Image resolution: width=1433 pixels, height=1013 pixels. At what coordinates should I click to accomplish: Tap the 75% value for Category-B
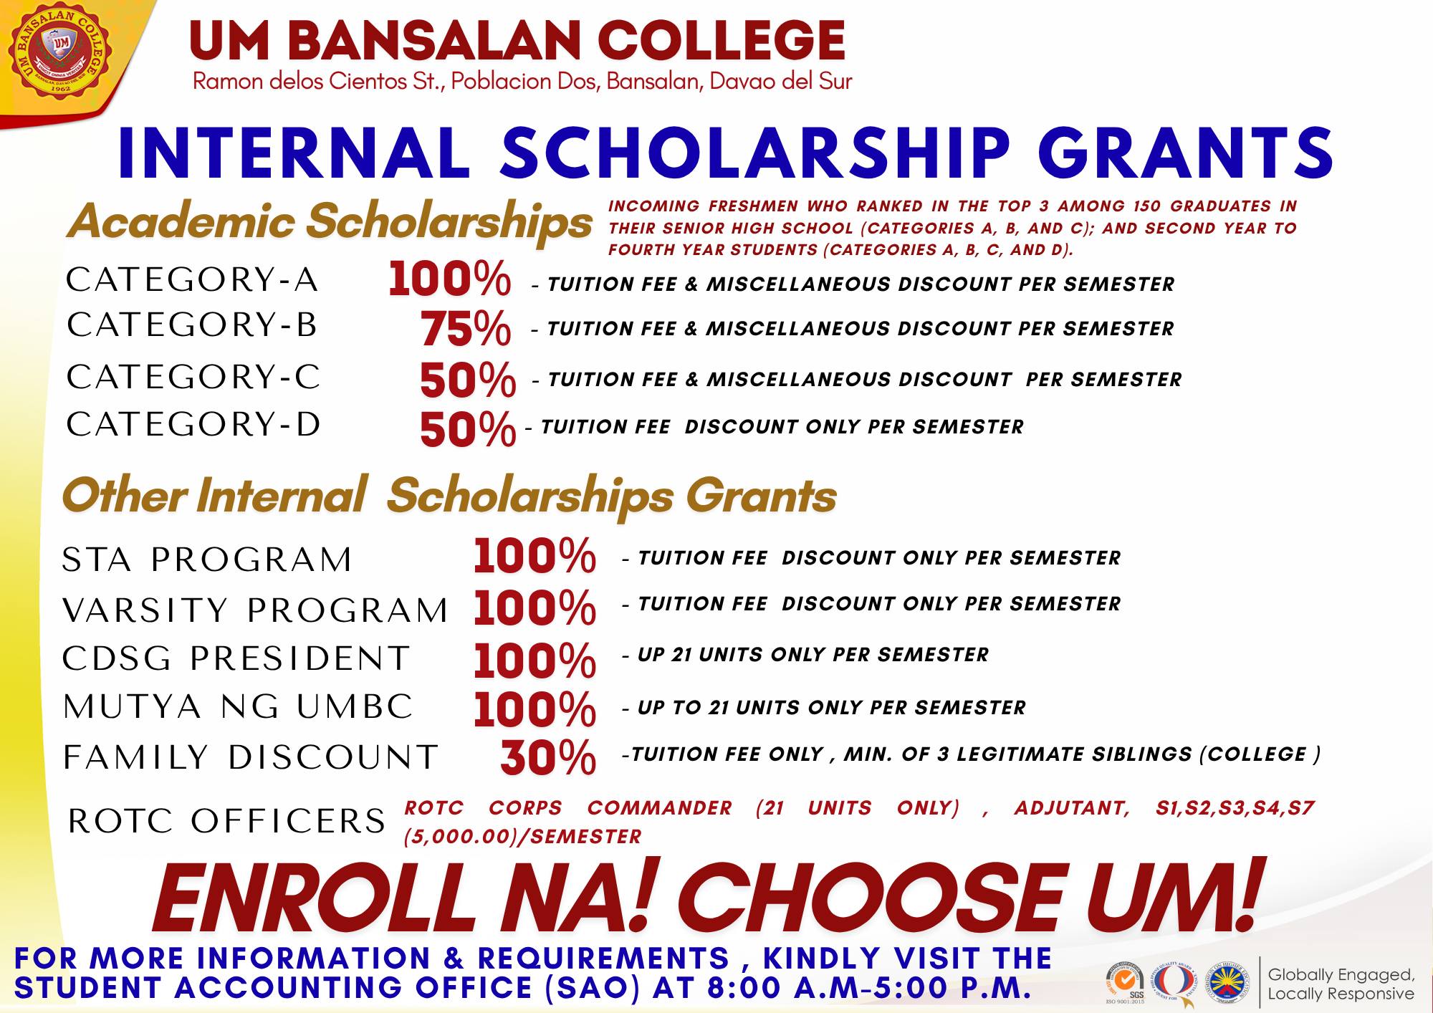465,328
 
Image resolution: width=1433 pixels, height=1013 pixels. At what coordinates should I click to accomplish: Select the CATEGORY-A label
192,279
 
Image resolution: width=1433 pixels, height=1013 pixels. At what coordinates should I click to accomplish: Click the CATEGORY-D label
193,424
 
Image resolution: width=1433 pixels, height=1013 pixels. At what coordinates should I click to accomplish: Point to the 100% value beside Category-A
449,279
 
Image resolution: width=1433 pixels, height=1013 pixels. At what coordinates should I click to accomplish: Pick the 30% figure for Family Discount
548,757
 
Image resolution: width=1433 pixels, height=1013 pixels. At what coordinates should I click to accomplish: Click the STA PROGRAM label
207,560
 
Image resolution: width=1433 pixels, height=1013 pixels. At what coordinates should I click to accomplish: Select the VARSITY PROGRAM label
255,610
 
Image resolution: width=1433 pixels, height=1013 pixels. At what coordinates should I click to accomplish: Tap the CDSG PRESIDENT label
236,658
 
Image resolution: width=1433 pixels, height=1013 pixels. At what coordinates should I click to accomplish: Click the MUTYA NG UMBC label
238,707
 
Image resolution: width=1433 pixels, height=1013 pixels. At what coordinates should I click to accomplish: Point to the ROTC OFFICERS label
226,821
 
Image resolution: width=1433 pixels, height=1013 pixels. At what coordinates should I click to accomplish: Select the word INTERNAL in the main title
294,153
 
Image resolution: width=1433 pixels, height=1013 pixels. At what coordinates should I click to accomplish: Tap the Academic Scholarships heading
330,221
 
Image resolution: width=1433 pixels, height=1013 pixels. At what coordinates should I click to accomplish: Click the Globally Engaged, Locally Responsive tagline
1341,984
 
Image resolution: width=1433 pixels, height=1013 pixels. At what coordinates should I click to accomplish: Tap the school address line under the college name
522,82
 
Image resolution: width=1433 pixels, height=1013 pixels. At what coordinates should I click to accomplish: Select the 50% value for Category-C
467,380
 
